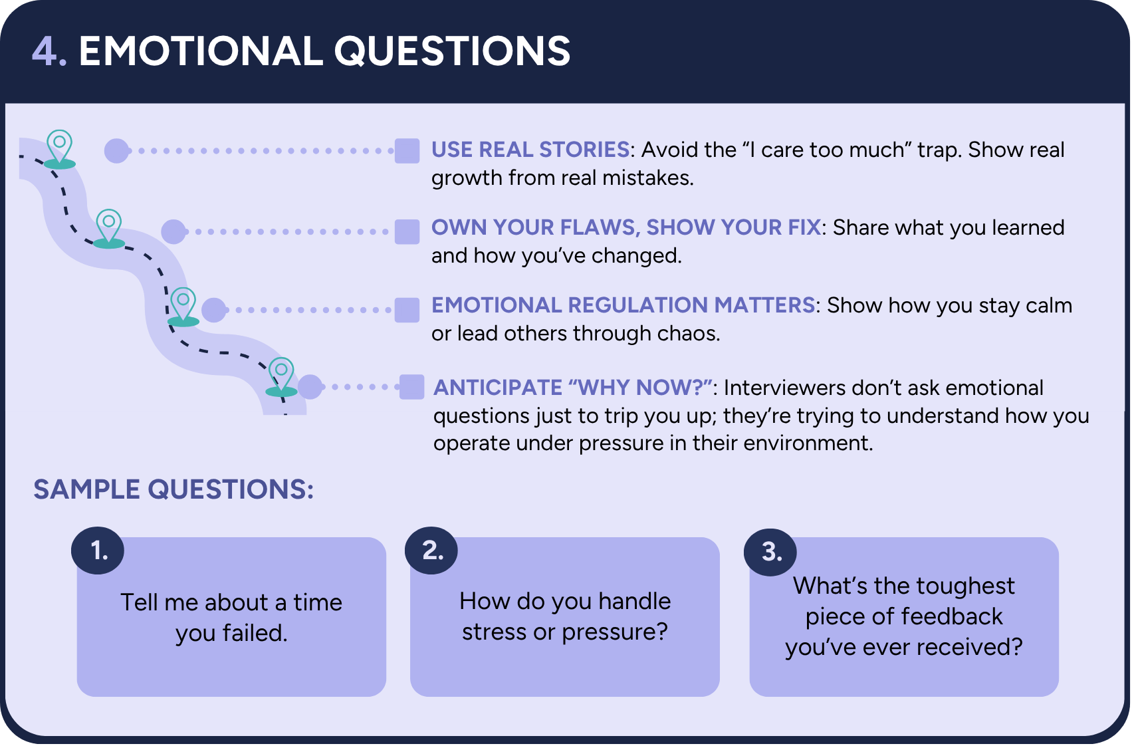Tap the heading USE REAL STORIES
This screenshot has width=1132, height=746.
pos(530,150)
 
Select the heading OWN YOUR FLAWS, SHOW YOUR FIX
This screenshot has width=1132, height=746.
pos(626,227)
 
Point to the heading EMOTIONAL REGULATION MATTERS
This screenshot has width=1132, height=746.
pos(623,305)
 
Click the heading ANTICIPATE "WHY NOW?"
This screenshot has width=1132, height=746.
pos(573,388)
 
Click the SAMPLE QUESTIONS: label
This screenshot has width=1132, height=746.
pos(173,489)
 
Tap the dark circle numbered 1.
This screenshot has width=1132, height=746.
pos(98,551)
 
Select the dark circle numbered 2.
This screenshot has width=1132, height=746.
pos(431,551)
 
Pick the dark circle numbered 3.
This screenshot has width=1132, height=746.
pos(770,552)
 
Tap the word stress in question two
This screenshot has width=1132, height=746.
pos(493,632)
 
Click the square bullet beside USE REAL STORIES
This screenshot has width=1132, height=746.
pos(407,151)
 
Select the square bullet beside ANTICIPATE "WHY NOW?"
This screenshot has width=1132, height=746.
pos(411,387)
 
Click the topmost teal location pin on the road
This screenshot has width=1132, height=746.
pos(59,146)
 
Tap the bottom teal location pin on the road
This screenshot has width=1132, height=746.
pos(281,375)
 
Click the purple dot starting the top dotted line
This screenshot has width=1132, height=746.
pos(116,151)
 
